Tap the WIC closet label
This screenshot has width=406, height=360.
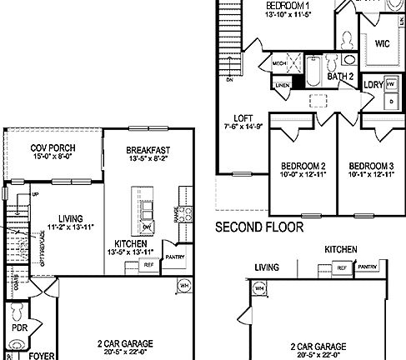[x=383, y=42]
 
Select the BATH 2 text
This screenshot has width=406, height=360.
[x=339, y=77]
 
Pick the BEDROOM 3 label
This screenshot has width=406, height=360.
[x=372, y=164]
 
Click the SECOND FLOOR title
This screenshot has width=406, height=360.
[x=258, y=226]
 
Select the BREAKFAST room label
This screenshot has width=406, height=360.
[x=148, y=150]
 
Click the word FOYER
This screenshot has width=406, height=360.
[x=41, y=355]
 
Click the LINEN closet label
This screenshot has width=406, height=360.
[x=283, y=85]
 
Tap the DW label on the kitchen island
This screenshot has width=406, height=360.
[x=147, y=226]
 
